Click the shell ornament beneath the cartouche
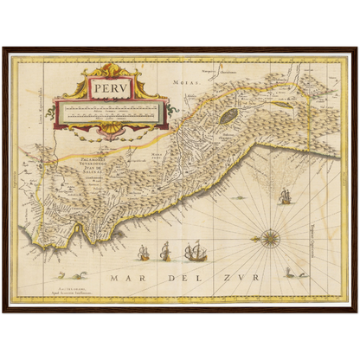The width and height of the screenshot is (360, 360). click(x=108, y=130)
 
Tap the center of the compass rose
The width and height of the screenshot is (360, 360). click(x=270, y=236)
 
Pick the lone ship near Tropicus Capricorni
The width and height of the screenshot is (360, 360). click(x=282, y=196)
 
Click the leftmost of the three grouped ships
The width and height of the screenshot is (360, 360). click(x=145, y=254)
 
